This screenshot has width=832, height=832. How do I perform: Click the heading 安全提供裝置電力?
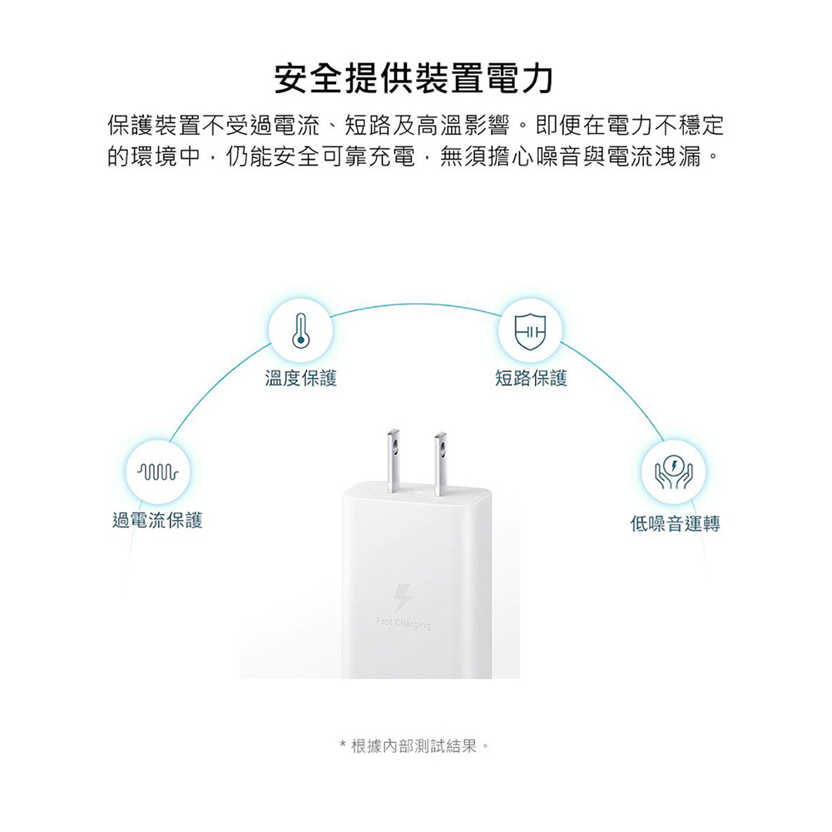[x=414, y=80]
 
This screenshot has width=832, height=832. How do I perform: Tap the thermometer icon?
[x=301, y=329]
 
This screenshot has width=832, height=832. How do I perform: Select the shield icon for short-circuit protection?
[x=529, y=329]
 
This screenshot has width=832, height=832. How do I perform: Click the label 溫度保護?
[x=301, y=379]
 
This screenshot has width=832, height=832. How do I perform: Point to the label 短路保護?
[x=531, y=379]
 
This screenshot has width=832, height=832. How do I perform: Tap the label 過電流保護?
[x=157, y=522]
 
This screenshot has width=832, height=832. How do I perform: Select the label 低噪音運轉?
[x=675, y=523]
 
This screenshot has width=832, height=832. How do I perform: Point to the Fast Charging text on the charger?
[x=404, y=625]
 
